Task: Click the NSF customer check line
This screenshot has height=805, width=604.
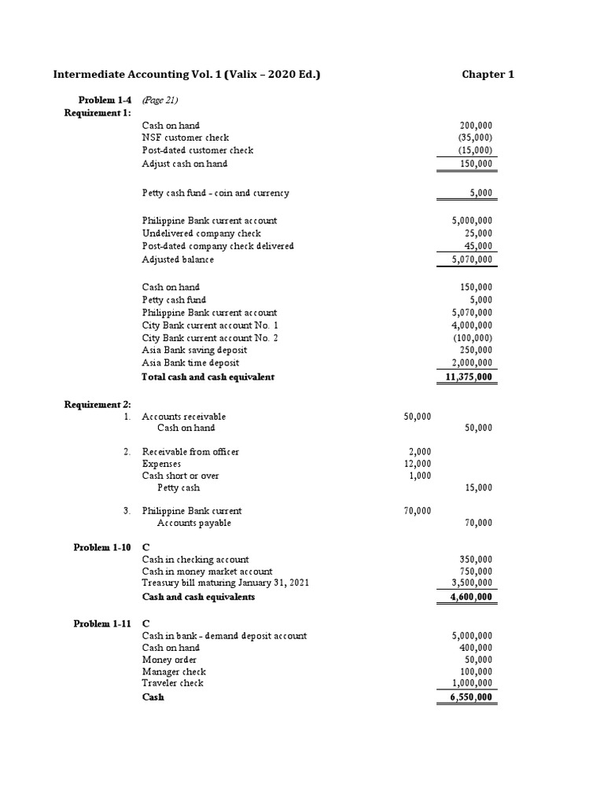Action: (x=185, y=138)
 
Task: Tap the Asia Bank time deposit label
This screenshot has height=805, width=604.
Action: (x=194, y=362)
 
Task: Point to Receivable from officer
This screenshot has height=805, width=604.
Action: (x=190, y=451)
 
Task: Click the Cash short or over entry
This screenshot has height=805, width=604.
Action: (x=180, y=476)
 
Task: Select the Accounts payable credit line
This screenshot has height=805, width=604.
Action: (x=193, y=523)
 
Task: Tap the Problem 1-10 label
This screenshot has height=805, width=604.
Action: (x=102, y=546)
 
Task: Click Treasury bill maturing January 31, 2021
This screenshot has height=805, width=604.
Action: (x=226, y=583)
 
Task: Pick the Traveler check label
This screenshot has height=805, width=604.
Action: (x=172, y=683)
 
